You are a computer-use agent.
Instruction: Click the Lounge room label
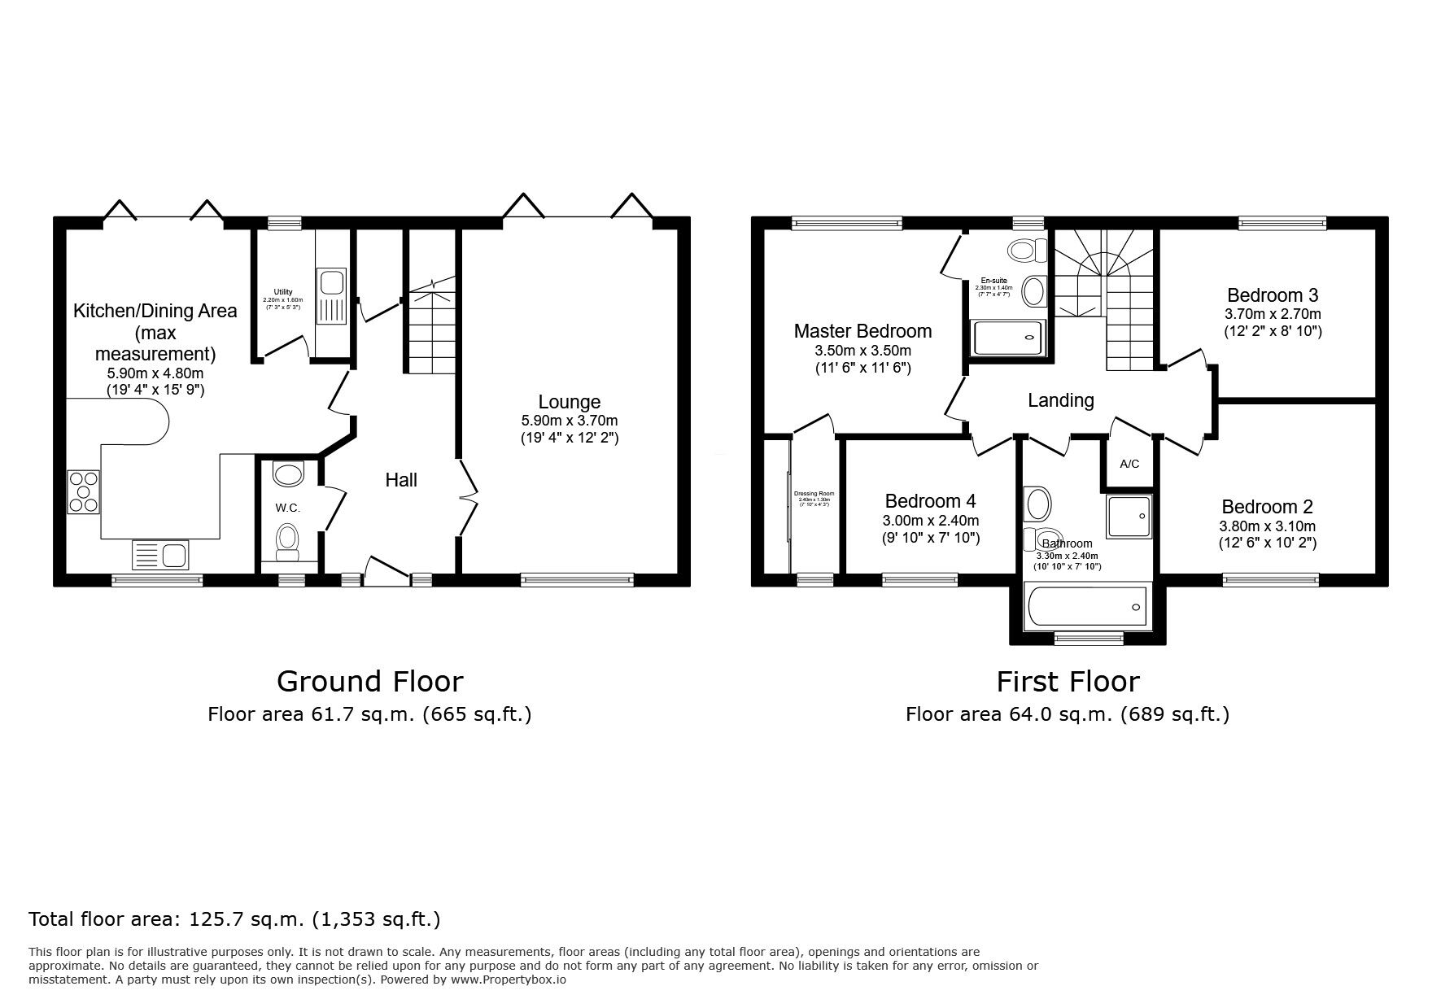569,402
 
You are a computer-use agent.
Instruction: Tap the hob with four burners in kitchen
83,492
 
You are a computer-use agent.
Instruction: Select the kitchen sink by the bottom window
160,555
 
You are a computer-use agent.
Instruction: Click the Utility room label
282,292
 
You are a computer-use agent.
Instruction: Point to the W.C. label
287,508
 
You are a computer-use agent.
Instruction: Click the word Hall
401,480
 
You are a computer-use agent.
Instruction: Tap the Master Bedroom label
862,331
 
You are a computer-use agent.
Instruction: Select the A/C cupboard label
1129,465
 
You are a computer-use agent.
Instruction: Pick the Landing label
1060,400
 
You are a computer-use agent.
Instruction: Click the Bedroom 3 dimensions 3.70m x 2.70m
1273,314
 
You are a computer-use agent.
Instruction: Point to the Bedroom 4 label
930,501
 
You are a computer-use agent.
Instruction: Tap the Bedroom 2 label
1267,507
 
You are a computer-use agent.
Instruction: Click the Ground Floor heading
369,681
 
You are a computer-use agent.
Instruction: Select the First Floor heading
1068,681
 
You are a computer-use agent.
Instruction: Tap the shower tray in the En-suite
1007,336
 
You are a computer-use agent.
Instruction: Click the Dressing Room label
814,494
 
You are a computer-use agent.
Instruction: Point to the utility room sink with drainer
331,297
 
